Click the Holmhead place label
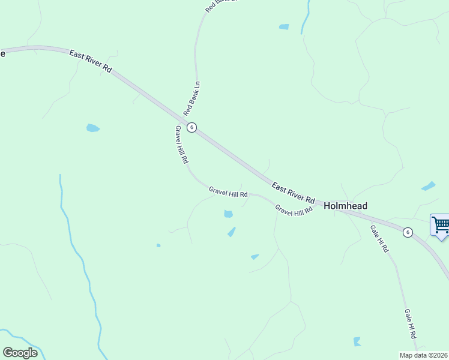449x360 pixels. click(345, 206)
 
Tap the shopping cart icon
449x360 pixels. click(441, 226)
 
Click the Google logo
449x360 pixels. click(20, 353)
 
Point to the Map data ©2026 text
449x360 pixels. click(424, 355)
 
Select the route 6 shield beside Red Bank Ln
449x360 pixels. click(191, 127)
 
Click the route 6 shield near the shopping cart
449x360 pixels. click(408, 232)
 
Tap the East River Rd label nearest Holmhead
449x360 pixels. click(293, 192)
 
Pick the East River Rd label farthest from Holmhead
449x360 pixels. click(91, 61)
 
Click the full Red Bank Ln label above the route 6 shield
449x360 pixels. click(192, 99)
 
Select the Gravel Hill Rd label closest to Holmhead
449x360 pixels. click(294, 210)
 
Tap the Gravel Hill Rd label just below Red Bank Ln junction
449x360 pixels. click(182, 145)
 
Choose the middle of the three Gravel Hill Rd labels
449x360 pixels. click(228, 192)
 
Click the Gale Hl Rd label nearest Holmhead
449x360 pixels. click(379, 238)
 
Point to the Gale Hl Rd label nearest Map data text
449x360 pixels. click(411, 324)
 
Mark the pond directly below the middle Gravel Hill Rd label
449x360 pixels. click(228, 214)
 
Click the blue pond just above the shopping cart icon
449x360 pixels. click(429, 186)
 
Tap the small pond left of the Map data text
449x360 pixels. click(357, 341)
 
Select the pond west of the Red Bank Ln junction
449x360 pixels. click(92, 128)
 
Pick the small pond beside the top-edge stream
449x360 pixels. click(284, 26)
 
